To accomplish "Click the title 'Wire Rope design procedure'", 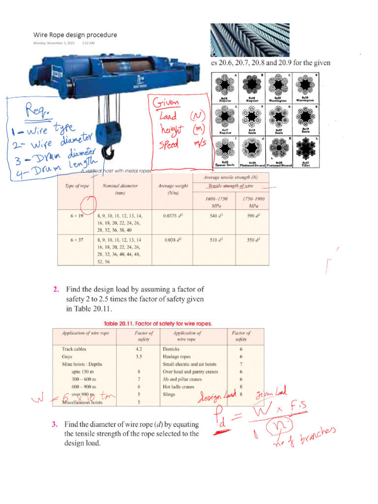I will pos(75,35).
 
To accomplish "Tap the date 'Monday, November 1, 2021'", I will pos(54,43).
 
